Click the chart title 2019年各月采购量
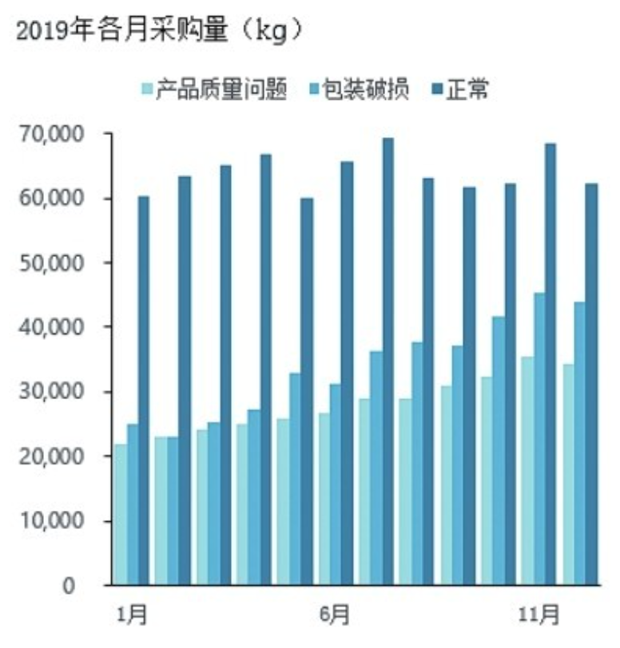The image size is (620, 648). coord(160,31)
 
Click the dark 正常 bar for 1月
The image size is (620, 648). coord(144,391)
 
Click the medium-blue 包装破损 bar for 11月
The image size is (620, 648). coord(539,439)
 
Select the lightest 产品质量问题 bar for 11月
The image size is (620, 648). coord(527,471)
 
